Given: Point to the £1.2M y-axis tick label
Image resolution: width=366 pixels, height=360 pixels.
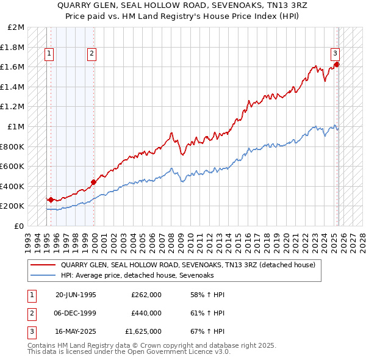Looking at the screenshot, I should tap(13, 107).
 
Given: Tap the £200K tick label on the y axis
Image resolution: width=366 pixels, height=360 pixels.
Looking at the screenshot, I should tap(13, 206).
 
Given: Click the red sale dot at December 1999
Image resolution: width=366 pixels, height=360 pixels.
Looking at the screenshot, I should tap(94, 182).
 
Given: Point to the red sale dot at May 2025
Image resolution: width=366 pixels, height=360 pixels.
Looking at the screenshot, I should tap(337, 64).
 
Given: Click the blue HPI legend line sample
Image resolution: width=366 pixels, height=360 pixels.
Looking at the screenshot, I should tap(43, 276).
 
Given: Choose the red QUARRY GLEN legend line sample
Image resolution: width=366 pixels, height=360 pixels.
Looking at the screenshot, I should tap(43, 265).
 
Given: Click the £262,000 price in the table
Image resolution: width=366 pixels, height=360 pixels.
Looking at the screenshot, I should tap(146, 295).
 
